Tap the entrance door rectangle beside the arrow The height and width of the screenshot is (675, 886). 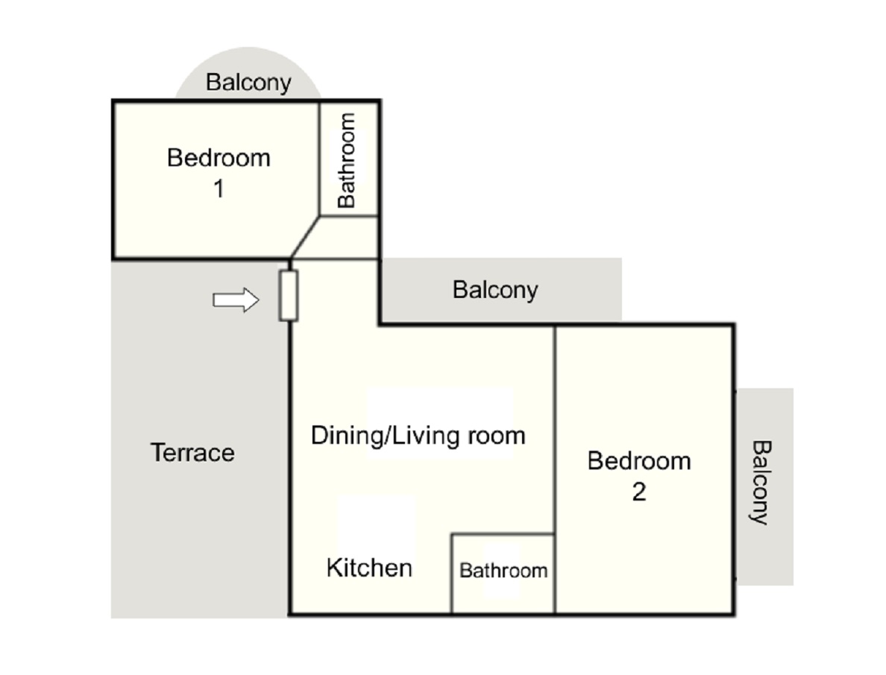pos(288,296)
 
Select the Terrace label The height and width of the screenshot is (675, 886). pos(192,453)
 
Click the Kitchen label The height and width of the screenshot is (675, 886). pos(370,568)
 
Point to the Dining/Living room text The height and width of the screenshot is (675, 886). pos(418,436)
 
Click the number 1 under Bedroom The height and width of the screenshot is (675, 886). pos(219,188)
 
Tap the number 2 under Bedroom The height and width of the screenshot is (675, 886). pos(639,492)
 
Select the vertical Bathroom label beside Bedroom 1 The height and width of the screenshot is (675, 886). pos(346,160)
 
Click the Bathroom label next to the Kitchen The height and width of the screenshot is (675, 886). pos(503,570)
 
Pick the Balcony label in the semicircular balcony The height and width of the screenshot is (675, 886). pos(248,83)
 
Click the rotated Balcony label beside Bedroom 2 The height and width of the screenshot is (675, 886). pos(761,483)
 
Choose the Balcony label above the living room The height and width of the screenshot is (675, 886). pos(495,290)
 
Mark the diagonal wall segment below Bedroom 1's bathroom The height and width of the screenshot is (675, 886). pos(304,238)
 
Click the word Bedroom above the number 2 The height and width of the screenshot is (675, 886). pos(639,461)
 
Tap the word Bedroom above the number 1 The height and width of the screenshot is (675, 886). pos(219,158)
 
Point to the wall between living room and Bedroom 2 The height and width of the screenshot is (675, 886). pos(555,469)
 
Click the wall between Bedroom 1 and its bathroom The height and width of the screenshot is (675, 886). pos(320,159)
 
